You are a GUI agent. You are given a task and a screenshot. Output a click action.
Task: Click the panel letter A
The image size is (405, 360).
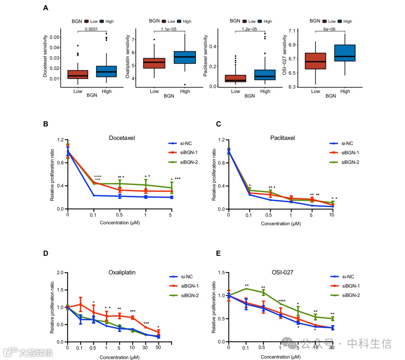[x=46, y=7]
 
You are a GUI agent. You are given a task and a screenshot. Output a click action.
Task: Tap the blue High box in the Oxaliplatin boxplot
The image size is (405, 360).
[x=185, y=57]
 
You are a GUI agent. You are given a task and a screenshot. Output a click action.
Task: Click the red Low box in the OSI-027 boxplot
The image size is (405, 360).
[x=315, y=61]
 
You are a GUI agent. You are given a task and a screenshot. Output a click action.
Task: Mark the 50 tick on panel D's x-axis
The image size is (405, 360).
[x=159, y=348]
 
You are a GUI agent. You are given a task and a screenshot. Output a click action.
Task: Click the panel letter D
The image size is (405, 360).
[x=46, y=253]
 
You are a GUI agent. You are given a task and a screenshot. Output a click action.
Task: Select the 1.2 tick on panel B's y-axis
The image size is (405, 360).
[x=60, y=140]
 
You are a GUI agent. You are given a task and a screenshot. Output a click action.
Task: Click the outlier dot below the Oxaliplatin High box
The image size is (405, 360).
[x=185, y=85]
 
